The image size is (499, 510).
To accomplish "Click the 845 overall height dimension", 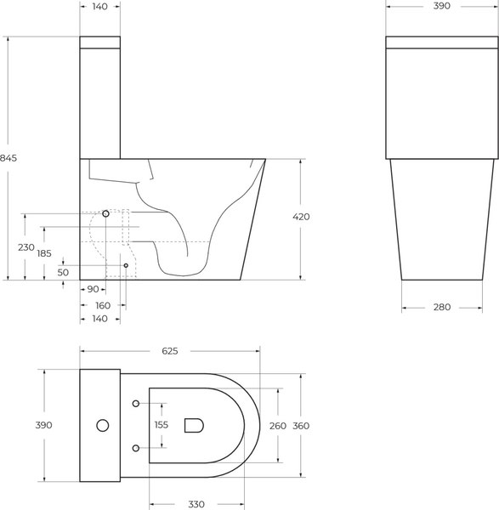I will [x=9, y=157].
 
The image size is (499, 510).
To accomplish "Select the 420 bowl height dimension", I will [x=301, y=217].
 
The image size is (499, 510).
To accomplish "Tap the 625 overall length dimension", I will [x=170, y=350].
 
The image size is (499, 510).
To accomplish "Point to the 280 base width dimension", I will [x=442, y=307].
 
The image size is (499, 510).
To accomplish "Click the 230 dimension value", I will [x=26, y=247].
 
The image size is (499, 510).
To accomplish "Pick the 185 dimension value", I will [x=44, y=253].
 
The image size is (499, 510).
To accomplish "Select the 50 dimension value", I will [x=63, y=272].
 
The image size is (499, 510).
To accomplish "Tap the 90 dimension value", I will [x=94, y=291].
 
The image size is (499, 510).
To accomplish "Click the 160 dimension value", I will [x=102, y=305].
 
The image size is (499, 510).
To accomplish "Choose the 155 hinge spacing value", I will [x=162, y=425].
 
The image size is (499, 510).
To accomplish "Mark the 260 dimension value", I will [x=277, y=425].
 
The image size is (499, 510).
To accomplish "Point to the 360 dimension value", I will [x=301, y=425].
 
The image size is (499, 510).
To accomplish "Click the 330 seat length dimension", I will [x=197, y=503].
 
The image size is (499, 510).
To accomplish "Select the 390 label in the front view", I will [x=441, y=6].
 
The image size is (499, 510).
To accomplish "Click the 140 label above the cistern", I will [x=99, y=6].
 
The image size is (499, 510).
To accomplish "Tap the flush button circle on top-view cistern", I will [x=102, y=424].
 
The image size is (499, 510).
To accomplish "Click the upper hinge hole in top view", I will [x=136, y=402].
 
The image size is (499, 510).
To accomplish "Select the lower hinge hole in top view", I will [x=136, y=448].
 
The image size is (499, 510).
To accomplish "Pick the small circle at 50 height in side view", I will [x=126, y=266].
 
